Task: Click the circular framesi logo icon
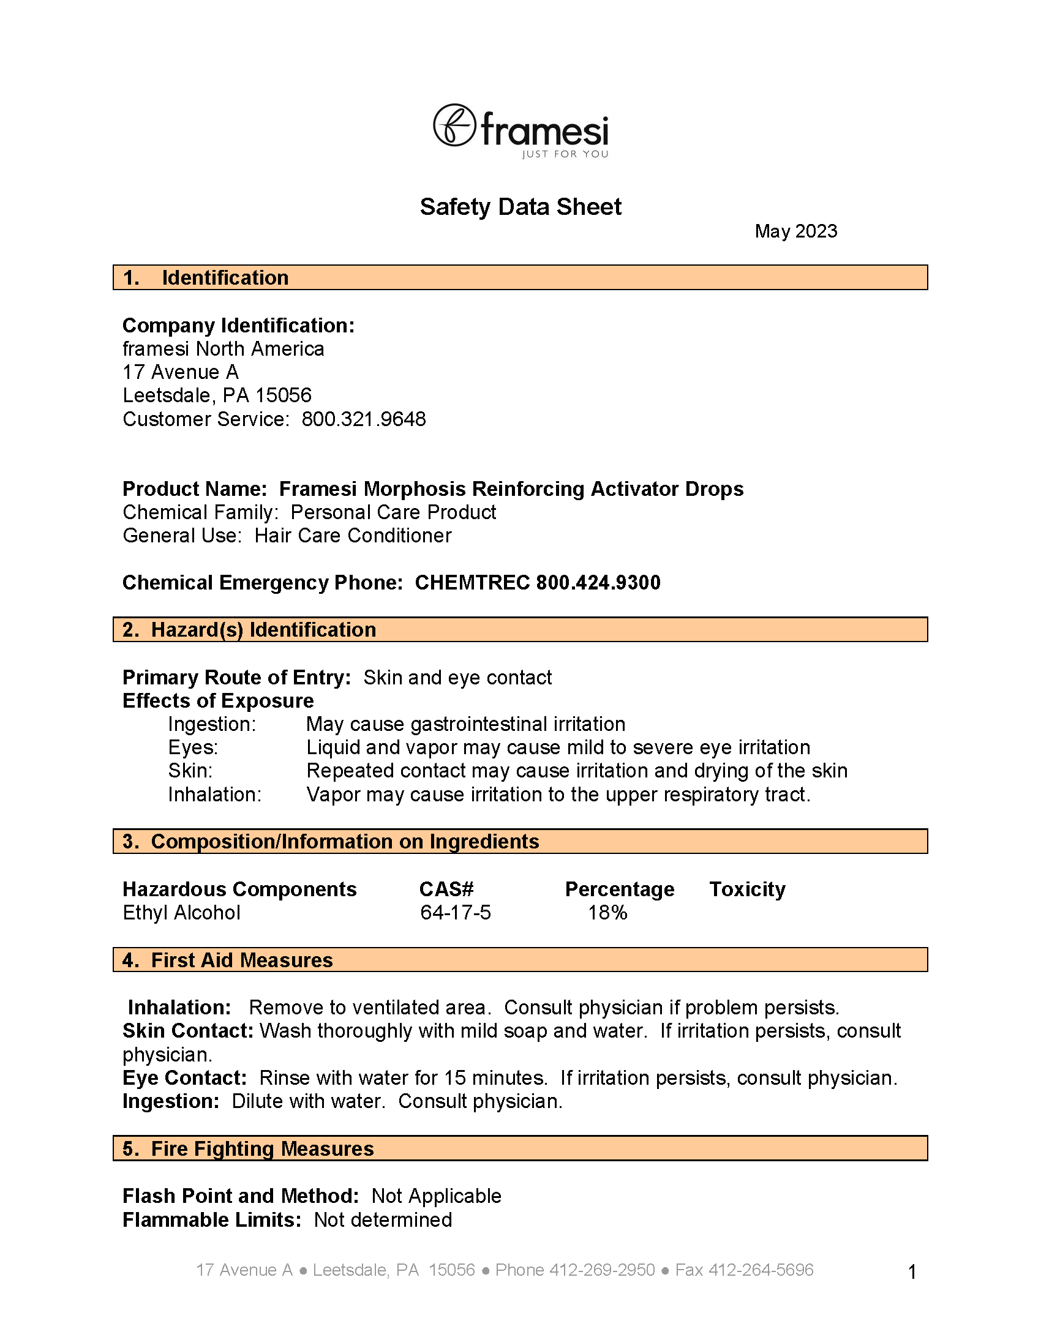tap(454, 125)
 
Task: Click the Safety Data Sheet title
tap(520, 207)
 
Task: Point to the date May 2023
tap(795, 231)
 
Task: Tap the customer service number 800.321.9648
tap(363, 419)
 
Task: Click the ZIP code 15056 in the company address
tap(284, 395)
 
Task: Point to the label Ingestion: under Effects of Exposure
tap(212, 725)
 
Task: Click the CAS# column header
tap(446, 889)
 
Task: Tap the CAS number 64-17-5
tap(456, 913)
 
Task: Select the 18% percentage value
tap(607, 913)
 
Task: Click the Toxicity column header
tap(747, 889)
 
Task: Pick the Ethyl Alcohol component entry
tap(182, 913)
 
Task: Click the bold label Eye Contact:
tap(184, 1078)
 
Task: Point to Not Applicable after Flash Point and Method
tap(437, 1196)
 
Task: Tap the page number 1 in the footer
tap(912, 1272)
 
